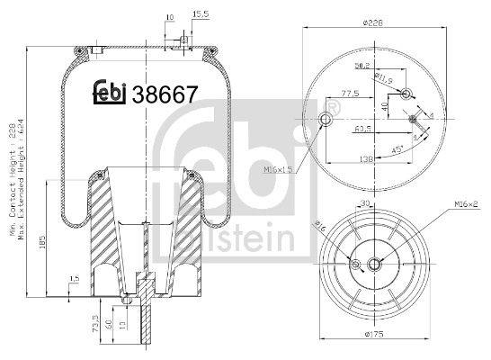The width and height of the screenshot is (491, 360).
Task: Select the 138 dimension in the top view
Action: (x=367, y=158)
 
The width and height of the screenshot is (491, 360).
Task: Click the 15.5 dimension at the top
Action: (x=201, y=15)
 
